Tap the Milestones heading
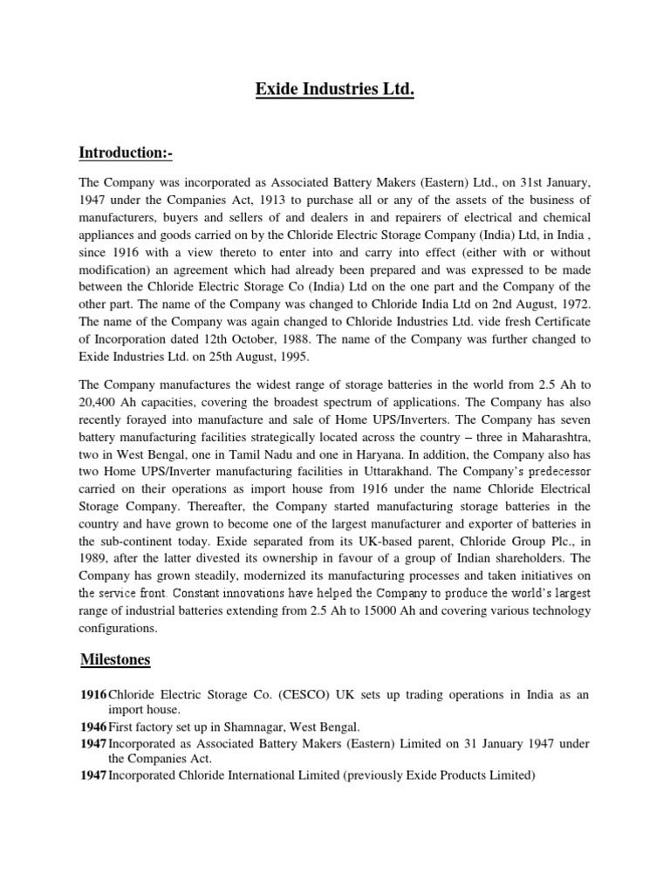pyautogui.click(x=115, y=659)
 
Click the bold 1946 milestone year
pyautogui.click(x=93, y=726)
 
